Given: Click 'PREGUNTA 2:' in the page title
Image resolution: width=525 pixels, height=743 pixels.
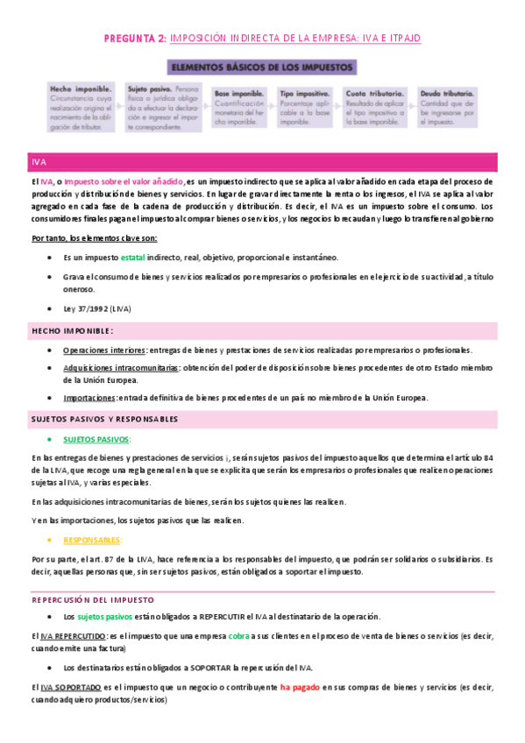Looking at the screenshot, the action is pyautogui.click(x=135, y=39).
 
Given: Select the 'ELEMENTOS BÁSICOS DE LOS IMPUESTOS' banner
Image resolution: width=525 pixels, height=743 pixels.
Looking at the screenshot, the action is pyautogui.click(x=262, y=66).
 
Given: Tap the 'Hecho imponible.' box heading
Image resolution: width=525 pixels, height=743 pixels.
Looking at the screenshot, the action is pyautogui.click(x=81, y=89).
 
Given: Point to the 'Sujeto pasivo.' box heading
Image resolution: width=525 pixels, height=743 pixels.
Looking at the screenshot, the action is pyautogui.click(x=149, y=89).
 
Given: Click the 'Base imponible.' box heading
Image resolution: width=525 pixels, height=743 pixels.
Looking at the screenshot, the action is pyautogui.click(x=238, y=92).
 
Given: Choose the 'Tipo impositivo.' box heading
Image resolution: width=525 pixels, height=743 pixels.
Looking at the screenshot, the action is pyautogui.click(x=304, y=92).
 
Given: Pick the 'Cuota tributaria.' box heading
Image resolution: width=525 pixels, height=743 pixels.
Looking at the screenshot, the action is pyautogui.click(x=374, y=92).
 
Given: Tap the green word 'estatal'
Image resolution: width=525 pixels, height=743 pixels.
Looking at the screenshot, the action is pyautogui.click(x=133, y=258).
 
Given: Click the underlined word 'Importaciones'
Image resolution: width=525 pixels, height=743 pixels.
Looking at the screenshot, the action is pyautogui.click(x=89, y=398).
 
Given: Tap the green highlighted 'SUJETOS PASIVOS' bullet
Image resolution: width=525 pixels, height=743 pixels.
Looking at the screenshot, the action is pyautogui.click(x=96, y=438).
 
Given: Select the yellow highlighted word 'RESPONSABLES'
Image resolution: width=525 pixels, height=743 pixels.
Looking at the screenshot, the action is pyautogui.click(x=93, y=540).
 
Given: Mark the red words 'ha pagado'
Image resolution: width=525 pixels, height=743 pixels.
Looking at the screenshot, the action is pyautogui.click(x=299, y=688).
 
